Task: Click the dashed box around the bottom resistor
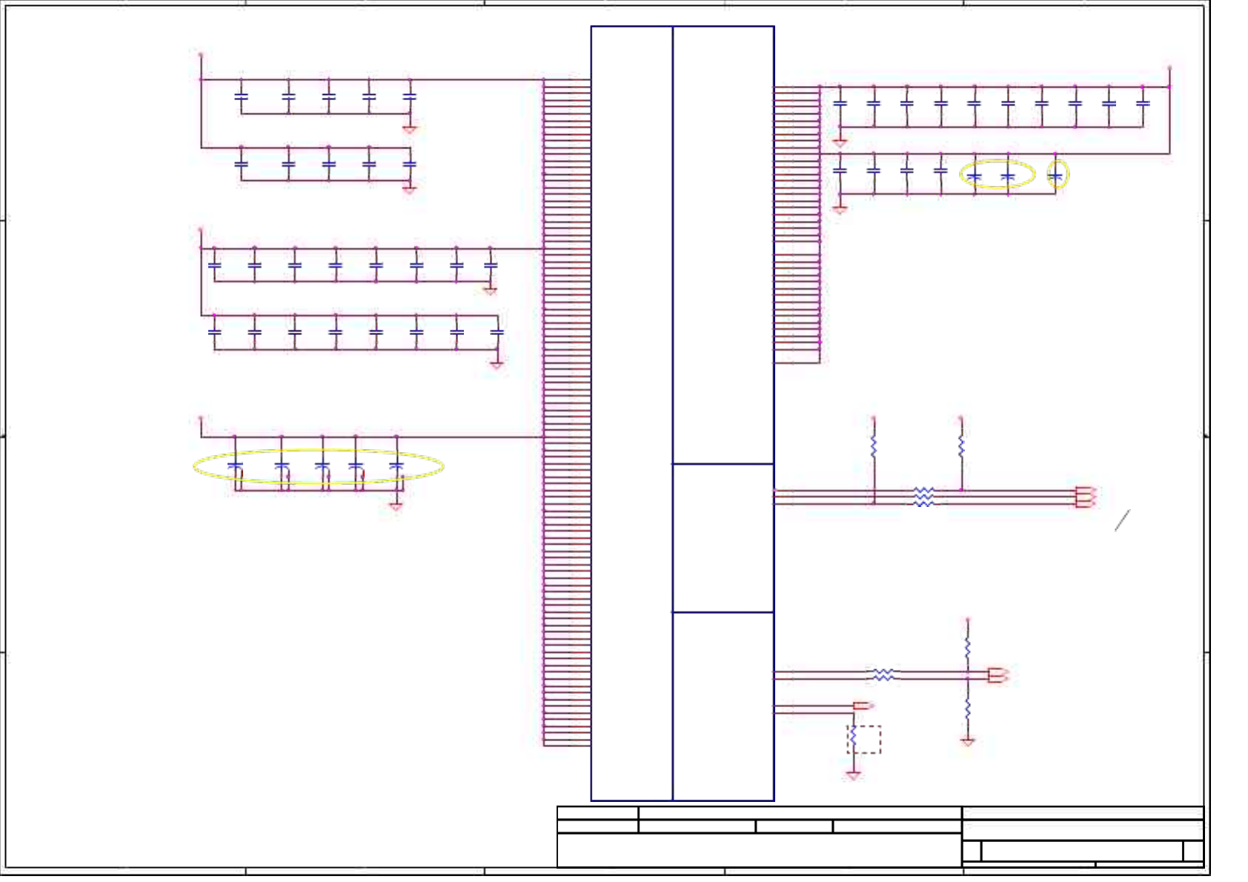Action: click(864, 739)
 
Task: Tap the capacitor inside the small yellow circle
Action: click(1057, 176)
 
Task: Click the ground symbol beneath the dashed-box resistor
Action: click(854, 775)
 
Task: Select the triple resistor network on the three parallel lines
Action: click(923, 497)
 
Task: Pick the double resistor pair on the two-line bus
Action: click(883, 674)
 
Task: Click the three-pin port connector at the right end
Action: click(1085, 497)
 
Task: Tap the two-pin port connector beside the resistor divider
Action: click(998, 674)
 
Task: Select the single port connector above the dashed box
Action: click(863, 706)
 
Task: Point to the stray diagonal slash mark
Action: click(1123, 520)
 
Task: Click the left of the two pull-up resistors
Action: click(874, 447)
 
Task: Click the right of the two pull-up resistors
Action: click(961, 447)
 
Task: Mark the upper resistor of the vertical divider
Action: click(968, 649)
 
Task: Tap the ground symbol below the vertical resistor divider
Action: click(968, 741)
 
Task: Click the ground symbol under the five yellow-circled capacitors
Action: click(396, 507)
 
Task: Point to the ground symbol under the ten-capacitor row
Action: click(840, 142)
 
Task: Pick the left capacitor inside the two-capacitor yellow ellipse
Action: click(975, 176)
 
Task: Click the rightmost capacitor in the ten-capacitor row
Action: click(1143, 104)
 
